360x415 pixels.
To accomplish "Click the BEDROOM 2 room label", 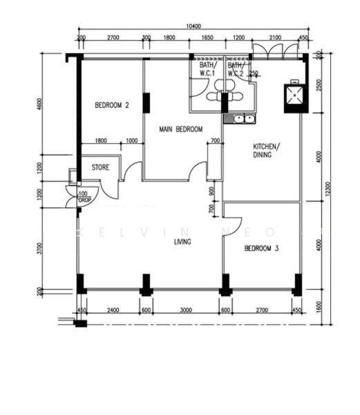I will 112,106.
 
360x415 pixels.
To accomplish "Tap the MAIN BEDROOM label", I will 180,129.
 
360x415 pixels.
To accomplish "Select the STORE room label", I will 101,167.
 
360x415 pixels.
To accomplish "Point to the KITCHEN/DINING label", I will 265,151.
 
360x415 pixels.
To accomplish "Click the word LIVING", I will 182,241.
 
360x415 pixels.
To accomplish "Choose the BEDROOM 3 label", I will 262,248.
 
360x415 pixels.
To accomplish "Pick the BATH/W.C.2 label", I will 236,69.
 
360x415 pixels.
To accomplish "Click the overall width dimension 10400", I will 194,26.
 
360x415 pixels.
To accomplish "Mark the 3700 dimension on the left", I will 40,246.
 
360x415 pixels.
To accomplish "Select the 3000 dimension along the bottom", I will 185,311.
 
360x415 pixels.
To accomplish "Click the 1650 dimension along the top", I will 206,38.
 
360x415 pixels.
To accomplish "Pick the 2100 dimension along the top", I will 274,38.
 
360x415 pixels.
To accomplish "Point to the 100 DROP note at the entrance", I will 84,196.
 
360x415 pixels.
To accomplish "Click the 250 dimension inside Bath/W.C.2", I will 254,74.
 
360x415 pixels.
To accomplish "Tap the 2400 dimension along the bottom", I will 113,311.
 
